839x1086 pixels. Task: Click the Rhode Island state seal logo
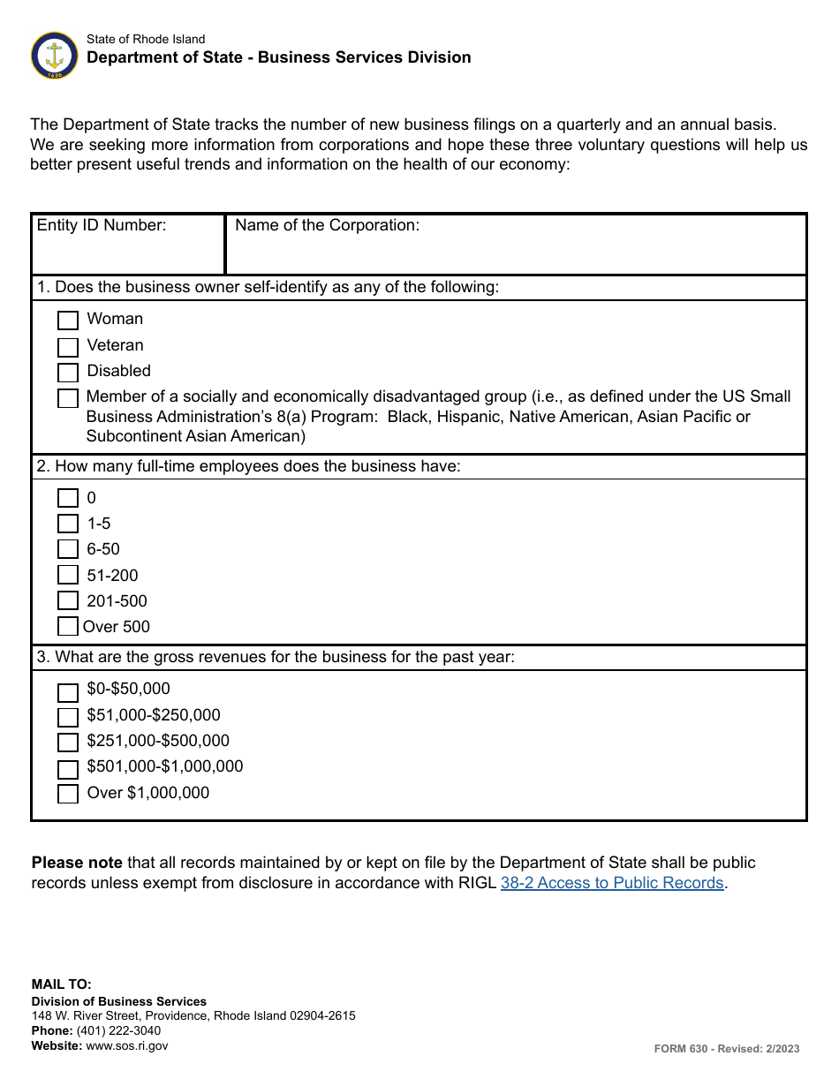(x=55, y=55)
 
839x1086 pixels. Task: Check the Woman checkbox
(x=68, y=321)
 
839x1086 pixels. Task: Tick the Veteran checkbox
(x=68, y=347)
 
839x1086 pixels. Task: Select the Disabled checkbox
(x=68, y=373)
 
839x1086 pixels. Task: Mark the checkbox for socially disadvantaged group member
(x=68, y=398)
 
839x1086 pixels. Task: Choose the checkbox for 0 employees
(x=68, y=499)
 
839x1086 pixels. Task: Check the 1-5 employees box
(x=68, y=524)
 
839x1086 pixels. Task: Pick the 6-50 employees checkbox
(x=68, y=550)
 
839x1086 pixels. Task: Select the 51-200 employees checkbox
(x=68, y=576)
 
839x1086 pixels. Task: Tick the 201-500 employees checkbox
(x=68, y=601)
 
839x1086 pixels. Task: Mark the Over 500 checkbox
(x=68, y=627)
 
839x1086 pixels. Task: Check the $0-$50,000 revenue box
(x=68, y=691)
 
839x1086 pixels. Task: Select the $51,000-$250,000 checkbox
(x=68, y=717)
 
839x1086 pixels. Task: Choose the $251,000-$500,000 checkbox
(x=68, y=743)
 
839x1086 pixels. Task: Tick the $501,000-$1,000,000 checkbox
(x=68, y=768)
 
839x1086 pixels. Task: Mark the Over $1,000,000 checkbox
(x=68, y=794)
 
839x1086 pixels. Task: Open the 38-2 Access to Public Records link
(x=612, y=883)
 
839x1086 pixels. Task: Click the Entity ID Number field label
(x=102, y=225)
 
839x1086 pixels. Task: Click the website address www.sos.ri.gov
(x=125, y=1045)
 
